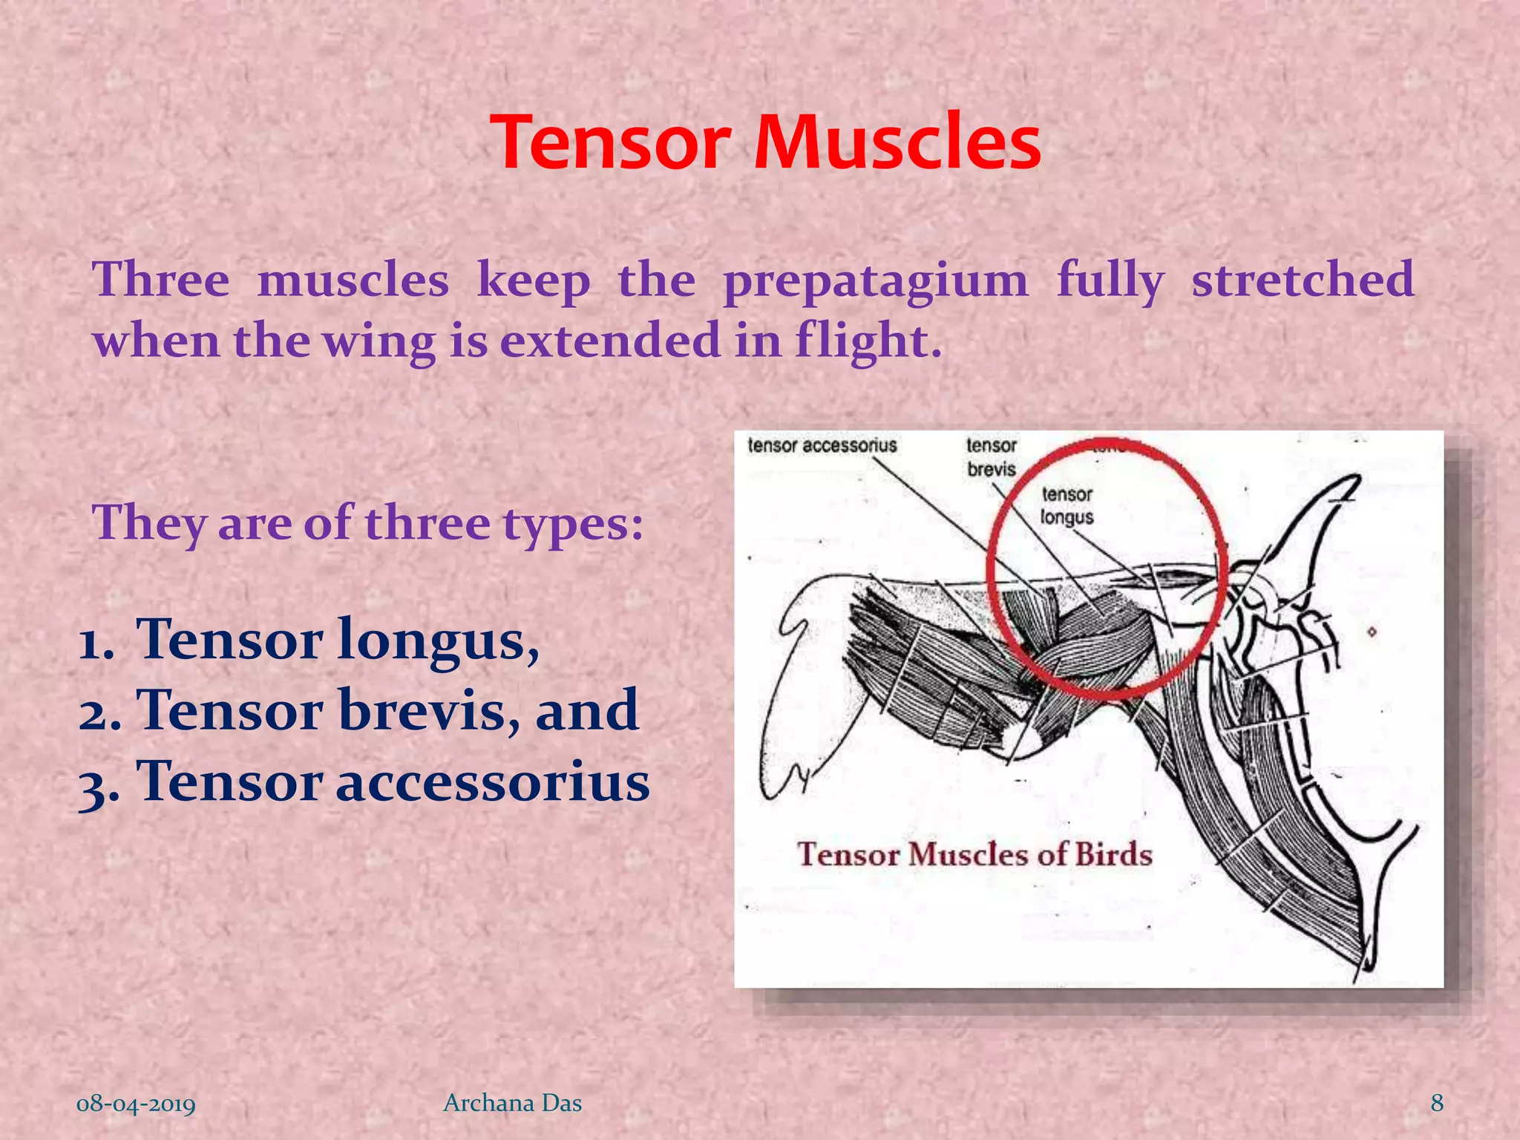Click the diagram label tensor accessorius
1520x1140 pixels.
click(x=822, y=445)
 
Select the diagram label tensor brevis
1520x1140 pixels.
click(x=991, y=457)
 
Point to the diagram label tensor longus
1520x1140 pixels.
click(x=1067, y=505)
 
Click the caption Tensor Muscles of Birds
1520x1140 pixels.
click(x=974, y=854)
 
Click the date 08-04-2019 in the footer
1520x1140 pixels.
click(x=136, y=1104)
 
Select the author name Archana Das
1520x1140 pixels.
click(x=512, y=1103)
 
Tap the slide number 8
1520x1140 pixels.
click(x=1437, y=1103)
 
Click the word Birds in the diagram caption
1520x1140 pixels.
click(x=1113, y=854)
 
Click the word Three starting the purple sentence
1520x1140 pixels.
click(x=161, y=280)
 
